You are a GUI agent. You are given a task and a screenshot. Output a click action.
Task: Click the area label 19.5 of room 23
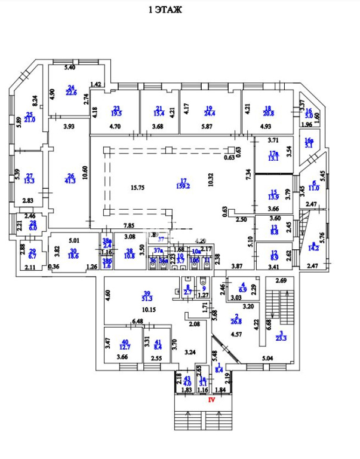[x=116, y=112]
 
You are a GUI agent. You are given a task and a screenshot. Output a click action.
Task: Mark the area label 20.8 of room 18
[x=267, y=112]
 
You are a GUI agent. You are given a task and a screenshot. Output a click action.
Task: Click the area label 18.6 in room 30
[x=74, y=255]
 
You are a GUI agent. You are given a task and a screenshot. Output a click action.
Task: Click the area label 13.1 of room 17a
[x=274, y=158]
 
